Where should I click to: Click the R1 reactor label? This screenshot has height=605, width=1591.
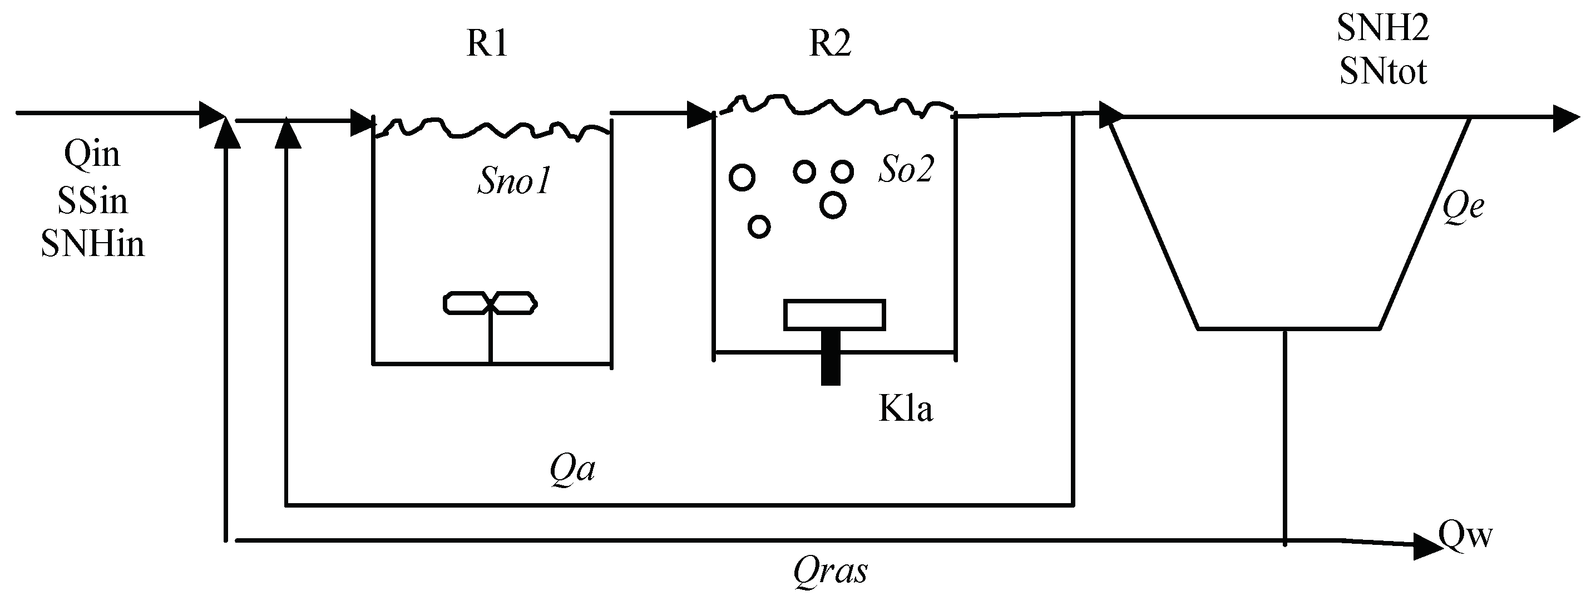[x=487, y=44]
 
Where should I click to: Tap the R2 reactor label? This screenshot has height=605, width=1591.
[x=829, y=44]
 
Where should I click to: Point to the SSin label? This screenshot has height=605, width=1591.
[x=92, y=201]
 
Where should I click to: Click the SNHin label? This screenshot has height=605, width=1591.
[x=92, y=244]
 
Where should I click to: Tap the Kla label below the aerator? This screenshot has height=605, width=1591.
[x=906, y=409]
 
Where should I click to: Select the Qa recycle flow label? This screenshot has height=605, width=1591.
[x=572, y=470]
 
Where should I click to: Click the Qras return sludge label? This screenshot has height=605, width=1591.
[x=830, y=571]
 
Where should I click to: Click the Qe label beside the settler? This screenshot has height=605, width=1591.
[x=1463, y=206]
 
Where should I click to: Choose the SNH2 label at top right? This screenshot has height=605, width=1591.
[x=1382, y=28]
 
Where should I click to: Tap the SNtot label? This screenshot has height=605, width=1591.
[x=1382, y=72]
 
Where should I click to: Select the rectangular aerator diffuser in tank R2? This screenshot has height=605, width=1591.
[x=834, y=315]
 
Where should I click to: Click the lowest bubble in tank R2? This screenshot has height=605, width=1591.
[x=758, y=227]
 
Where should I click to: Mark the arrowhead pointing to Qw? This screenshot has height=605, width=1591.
[x=1427, y=548]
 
